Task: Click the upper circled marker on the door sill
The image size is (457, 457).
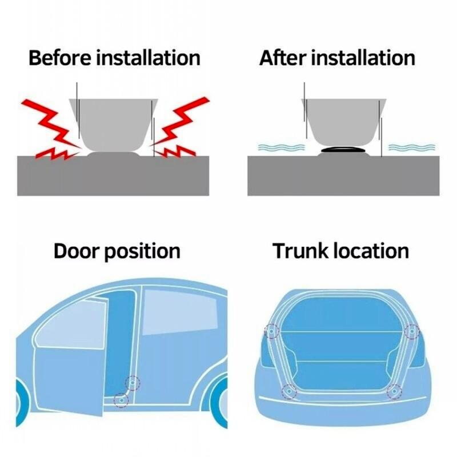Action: tap(133, 383)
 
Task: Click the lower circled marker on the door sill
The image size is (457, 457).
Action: tap(121, 399)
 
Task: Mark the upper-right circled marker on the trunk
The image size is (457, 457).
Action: tap(411, 331)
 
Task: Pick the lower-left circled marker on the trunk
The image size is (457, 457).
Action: tap(290, 391)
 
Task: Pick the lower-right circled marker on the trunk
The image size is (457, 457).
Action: tap(394, 391)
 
